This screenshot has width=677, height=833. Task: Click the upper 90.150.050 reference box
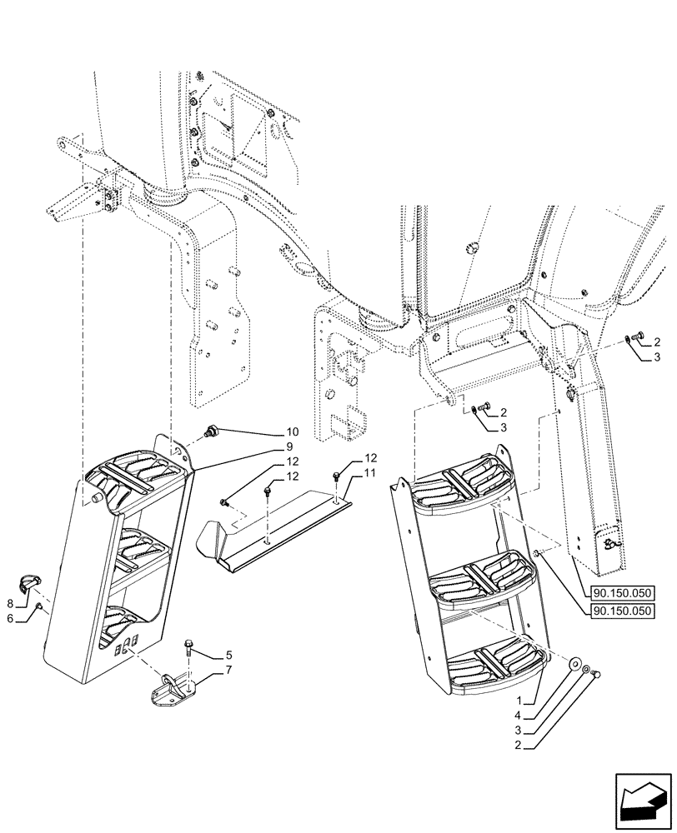(x=624, y=593)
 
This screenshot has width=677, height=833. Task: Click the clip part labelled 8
(x=29, y=581)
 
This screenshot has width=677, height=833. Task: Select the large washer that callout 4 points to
(x=575, y=664)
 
